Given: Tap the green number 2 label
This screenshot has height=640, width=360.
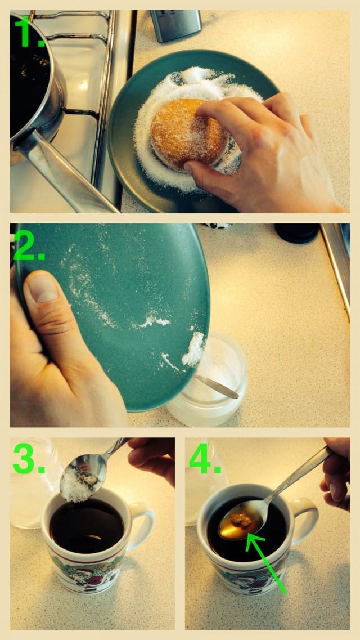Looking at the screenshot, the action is click(x=29, y=246).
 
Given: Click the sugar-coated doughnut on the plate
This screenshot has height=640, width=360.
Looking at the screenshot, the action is click(x=188, y=134).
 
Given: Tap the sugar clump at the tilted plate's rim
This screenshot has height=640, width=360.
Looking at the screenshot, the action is click(x=193, y=348).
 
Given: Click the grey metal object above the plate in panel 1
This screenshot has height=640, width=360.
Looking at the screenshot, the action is click(x=175, y=25).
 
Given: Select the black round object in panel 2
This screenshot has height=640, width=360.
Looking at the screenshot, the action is click(x=297, y=233).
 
